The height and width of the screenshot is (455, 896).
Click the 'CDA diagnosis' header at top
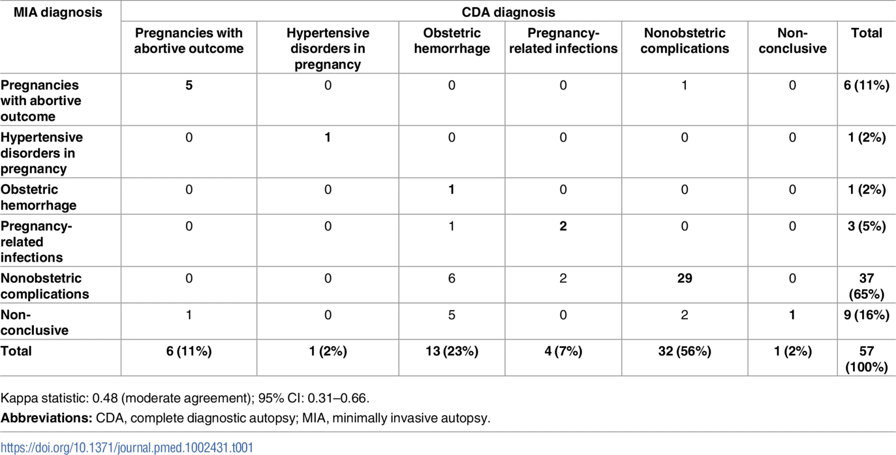(508, 12)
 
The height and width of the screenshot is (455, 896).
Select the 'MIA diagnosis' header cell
(58, 12)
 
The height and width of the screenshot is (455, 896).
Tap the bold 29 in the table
(684, 278)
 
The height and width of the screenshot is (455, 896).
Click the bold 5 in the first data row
(188, 85)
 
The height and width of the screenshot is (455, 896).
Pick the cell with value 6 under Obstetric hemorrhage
(451, 278)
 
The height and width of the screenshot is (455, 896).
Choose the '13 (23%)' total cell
(452, 351)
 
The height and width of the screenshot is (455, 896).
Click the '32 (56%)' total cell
(684, 351)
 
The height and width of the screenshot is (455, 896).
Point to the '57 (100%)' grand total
(866, 359)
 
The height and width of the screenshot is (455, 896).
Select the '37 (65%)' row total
(866, 286)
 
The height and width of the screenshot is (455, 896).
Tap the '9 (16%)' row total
(866, 315)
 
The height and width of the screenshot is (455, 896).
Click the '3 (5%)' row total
(866, 226)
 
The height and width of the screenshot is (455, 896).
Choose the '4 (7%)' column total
(563, 351)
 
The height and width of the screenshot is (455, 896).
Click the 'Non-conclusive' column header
(792, 40)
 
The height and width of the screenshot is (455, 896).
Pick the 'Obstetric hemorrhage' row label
(38, 197)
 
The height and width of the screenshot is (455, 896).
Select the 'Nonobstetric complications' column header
(684, 40)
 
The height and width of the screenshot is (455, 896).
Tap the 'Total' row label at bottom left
(16, 351)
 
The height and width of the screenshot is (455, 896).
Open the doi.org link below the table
(127, 447)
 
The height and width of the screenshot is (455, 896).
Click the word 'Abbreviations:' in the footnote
(46, 418)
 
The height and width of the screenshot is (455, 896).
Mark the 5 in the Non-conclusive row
(451, 315)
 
